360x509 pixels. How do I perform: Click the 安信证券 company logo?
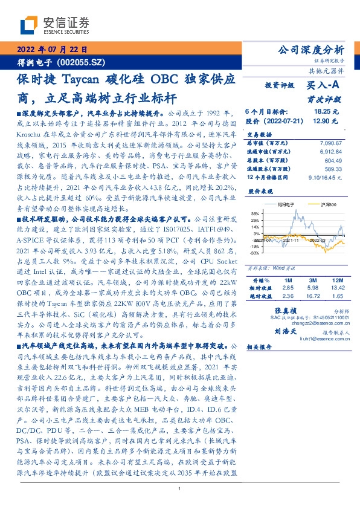(x=54, y=25)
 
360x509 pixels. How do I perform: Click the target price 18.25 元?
(x=326, y=112)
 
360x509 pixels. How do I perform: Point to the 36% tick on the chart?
(x=256, y=213)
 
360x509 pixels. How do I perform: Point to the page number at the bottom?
(x=179, y=488)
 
